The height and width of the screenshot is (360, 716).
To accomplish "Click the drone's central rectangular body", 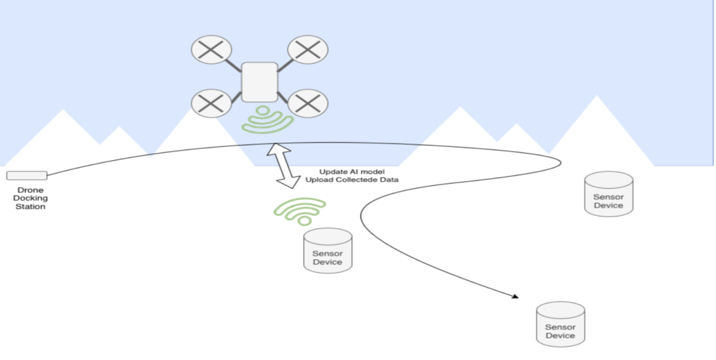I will [259, 82].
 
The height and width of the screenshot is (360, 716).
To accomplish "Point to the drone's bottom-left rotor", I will [211, 103].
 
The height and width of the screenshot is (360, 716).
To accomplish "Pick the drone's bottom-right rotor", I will [308, 103].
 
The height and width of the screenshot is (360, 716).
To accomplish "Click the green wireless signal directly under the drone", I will [267, 120].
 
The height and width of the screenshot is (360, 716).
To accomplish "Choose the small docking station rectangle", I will [27, 175].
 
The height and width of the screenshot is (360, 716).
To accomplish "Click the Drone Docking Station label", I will [29, 198].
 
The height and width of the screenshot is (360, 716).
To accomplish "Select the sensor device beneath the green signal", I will [327, 250].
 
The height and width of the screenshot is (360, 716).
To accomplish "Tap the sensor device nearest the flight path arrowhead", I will [560, 323].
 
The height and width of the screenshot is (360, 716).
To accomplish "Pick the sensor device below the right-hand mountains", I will [608, 194].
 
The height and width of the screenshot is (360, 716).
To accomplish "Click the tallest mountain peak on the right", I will [596, 98].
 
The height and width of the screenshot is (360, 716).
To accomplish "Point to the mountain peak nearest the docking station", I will [64, 112].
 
